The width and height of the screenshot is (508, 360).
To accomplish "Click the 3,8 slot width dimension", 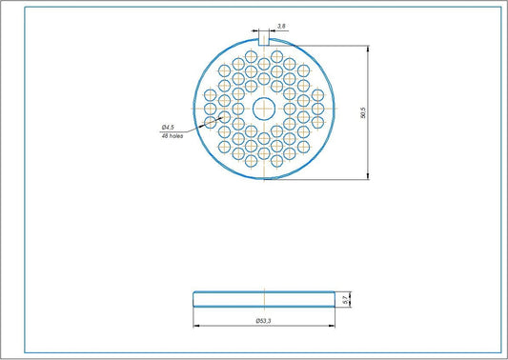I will [280, 26].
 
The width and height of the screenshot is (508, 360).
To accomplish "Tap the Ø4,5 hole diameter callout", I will [167, 127].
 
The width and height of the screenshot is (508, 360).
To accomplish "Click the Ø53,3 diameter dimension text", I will [264, 321].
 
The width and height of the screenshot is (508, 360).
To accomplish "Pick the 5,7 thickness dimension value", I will [345, 299].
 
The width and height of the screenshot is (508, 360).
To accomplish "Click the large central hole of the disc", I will [264, 109].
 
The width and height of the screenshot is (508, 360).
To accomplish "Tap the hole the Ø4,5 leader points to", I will [224, 120].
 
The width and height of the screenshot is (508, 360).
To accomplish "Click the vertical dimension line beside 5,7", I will [352, 299].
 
